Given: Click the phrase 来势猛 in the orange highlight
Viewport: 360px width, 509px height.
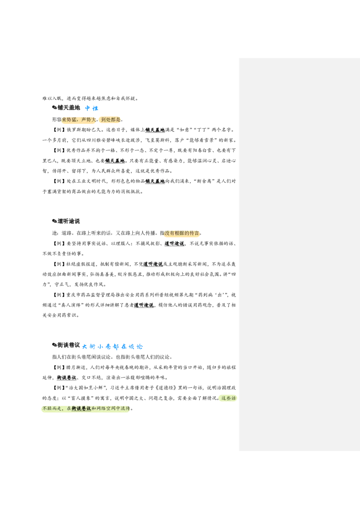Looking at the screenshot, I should point(69,120).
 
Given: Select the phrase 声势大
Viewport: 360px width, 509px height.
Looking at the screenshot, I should point(88,120).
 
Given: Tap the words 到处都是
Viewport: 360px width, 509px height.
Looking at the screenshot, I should point(111,120).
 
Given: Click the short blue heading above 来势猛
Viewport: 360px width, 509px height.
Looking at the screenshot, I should point(92,108).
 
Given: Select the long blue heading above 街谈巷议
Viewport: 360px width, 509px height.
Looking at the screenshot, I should point(112,347).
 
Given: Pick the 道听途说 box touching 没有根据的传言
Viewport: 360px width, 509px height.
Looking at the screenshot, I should point(174,244).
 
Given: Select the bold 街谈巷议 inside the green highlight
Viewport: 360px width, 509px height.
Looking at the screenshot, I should point(81,409).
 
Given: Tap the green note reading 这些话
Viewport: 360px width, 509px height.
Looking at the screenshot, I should point(228,398).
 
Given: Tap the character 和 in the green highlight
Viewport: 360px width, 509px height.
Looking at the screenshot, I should point(94,409).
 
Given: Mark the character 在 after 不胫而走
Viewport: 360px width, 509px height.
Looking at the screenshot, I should point(69,409).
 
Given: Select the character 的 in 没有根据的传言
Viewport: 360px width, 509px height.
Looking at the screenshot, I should point(187,233).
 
